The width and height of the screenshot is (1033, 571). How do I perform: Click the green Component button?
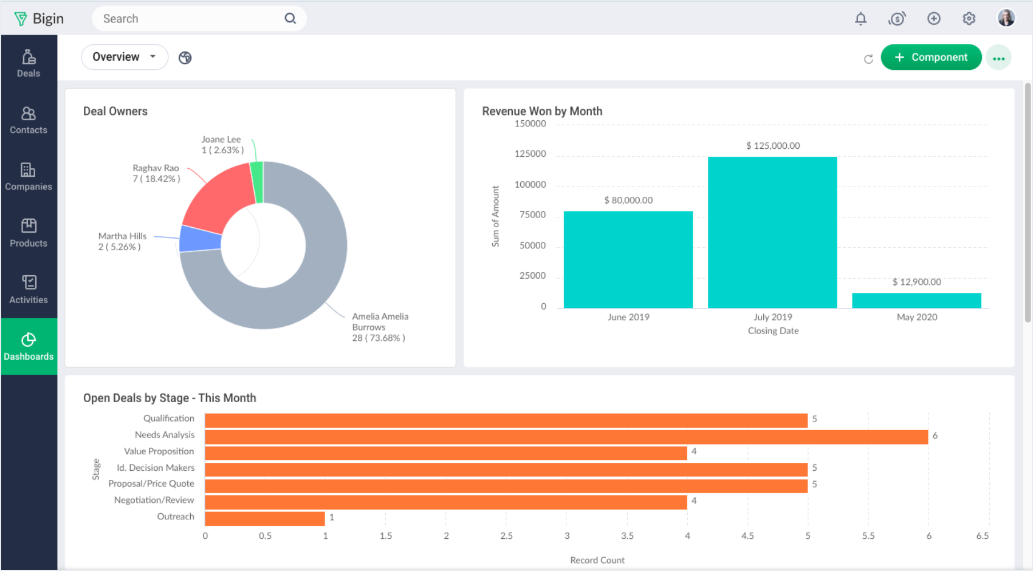click(930, 57)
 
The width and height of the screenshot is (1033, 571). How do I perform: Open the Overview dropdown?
click(124, 57)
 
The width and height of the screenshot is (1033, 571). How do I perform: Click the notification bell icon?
click(860, 19)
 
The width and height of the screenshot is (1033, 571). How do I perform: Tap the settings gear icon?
click(969, 19)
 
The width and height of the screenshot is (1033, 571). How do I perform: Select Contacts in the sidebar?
click(29, 120)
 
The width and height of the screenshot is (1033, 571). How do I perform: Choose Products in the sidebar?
click(29, 233)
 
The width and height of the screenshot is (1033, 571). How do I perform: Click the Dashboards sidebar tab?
click(29, 346)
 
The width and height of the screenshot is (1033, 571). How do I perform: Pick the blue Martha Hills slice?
click(200, 239)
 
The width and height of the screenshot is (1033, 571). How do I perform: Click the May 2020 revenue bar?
click(916, 301)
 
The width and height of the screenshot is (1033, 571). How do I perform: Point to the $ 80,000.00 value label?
click(628, 200)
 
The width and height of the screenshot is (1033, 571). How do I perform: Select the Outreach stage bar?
click(265, 518)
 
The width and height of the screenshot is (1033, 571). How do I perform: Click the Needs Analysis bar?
click(565, 437)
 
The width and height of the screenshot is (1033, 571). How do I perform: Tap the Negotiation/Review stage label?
click(154, 500)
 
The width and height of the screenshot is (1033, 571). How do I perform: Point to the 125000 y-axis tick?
click(530, 154)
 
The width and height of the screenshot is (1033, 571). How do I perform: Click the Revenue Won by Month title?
click(542, 111)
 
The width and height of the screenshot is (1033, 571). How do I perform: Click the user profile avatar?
click(1006, 18)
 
